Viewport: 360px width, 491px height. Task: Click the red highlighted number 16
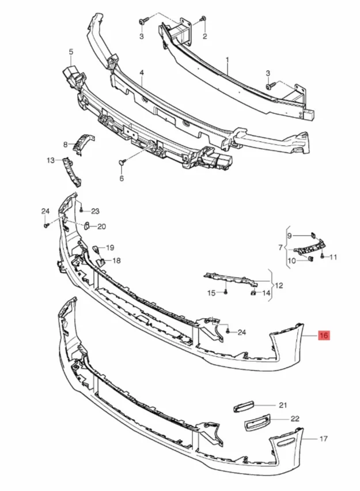324,335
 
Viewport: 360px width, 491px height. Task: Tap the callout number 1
228,59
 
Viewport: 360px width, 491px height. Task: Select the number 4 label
141,73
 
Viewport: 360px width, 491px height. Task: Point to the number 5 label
71,52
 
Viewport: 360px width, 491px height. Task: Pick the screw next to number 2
202,21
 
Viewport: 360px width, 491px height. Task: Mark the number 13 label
51,160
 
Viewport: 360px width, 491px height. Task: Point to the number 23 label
95,211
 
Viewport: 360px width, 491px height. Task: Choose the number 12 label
279,285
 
